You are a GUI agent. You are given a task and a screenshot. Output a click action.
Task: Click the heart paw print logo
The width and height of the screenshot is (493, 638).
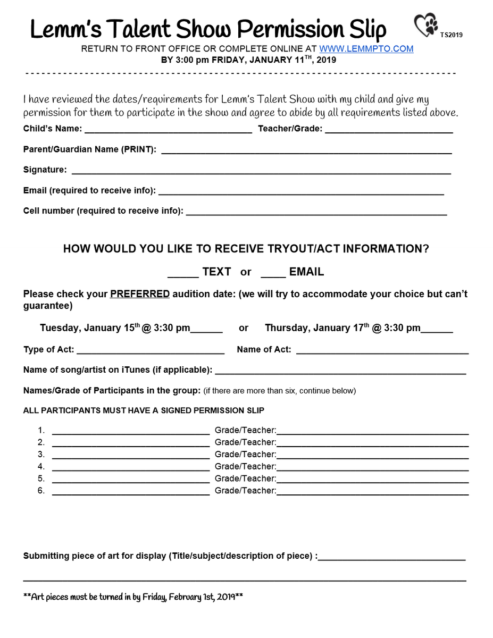426,25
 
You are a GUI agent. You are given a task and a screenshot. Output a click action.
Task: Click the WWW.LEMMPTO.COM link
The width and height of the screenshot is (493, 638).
366,49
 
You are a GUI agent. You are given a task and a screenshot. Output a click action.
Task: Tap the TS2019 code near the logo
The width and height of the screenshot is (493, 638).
451,35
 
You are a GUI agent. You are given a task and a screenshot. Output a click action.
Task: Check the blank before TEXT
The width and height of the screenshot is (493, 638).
183,274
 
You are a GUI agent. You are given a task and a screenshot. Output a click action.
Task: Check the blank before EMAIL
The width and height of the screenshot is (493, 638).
273,274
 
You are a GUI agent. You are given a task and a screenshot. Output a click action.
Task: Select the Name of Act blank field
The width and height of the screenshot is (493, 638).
382,351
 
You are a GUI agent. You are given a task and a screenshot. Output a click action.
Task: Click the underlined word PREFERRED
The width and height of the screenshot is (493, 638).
140,294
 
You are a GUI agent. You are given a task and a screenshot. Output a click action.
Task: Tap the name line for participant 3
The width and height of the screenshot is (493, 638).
131,456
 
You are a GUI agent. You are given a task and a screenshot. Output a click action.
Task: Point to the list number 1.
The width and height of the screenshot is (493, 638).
41,430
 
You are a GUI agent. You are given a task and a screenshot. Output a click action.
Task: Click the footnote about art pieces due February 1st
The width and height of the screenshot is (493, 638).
133,597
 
